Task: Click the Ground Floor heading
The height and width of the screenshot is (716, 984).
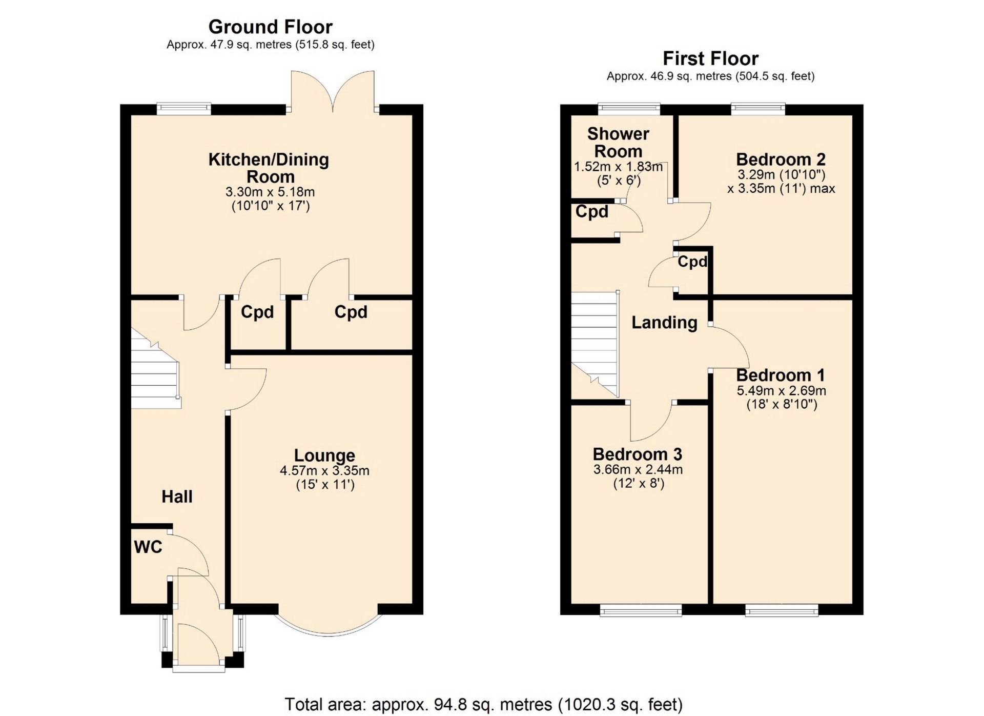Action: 270,27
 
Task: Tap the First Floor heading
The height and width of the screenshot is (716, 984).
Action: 710,58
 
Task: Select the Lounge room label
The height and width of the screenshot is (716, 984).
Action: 324,455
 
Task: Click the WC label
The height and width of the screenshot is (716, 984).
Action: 148,547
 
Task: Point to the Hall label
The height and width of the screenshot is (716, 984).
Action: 177,496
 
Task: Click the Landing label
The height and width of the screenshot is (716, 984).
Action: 664,322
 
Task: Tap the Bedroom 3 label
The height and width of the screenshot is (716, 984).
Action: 638,454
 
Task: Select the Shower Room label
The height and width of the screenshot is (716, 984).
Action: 618,143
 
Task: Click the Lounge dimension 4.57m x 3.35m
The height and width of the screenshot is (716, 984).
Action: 324,470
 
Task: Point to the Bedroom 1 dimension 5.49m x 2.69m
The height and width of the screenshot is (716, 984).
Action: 782,390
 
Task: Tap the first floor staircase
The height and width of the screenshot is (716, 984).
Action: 596,344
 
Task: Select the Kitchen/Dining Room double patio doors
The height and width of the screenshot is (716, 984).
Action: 333,91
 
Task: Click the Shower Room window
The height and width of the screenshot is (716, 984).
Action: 629,108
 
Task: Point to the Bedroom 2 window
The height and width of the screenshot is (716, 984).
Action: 758,108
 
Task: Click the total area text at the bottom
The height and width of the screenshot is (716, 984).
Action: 484,704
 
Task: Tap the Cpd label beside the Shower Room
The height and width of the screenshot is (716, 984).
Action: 592,211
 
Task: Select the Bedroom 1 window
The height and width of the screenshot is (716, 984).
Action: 782,610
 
